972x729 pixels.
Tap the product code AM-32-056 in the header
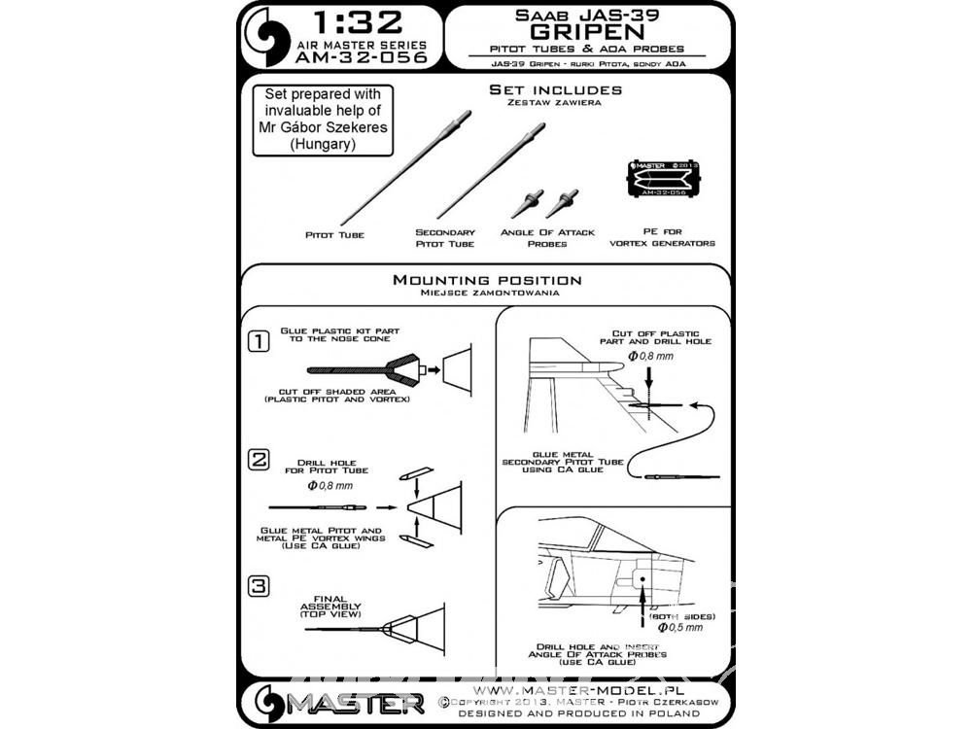click(349, 57)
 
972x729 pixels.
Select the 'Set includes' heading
click(557, 91)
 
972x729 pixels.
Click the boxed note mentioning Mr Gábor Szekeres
click(323, 121)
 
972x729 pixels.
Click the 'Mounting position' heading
click(487, 281)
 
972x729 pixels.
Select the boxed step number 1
click(259, 341)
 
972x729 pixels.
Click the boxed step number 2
click(258, 460)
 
